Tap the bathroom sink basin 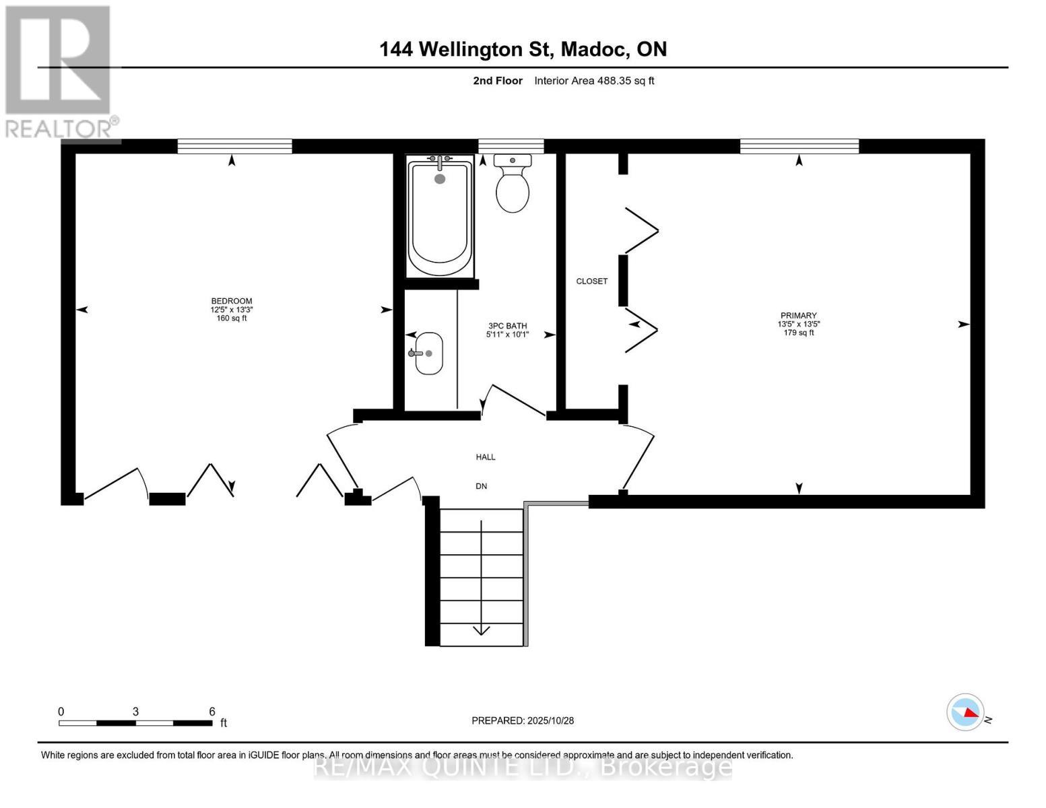pos(428,353)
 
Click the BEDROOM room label pos(232,301)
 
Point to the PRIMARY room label pos(798,315)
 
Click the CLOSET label pos(591,281)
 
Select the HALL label pos(486,457)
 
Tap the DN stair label pos(481,486)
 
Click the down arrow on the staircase pos(481,629)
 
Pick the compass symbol pos(966,712)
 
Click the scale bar pos(135,722)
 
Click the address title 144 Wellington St pos(523,49)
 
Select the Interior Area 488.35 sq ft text pos(594,81)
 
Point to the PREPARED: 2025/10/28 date pos(523,720)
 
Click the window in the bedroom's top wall pos(234,146)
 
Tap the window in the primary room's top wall pos(799,146)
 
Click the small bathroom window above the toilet pos(511,146)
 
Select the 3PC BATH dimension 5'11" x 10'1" pos(507,335)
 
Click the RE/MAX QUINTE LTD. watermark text pos(523,766)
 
